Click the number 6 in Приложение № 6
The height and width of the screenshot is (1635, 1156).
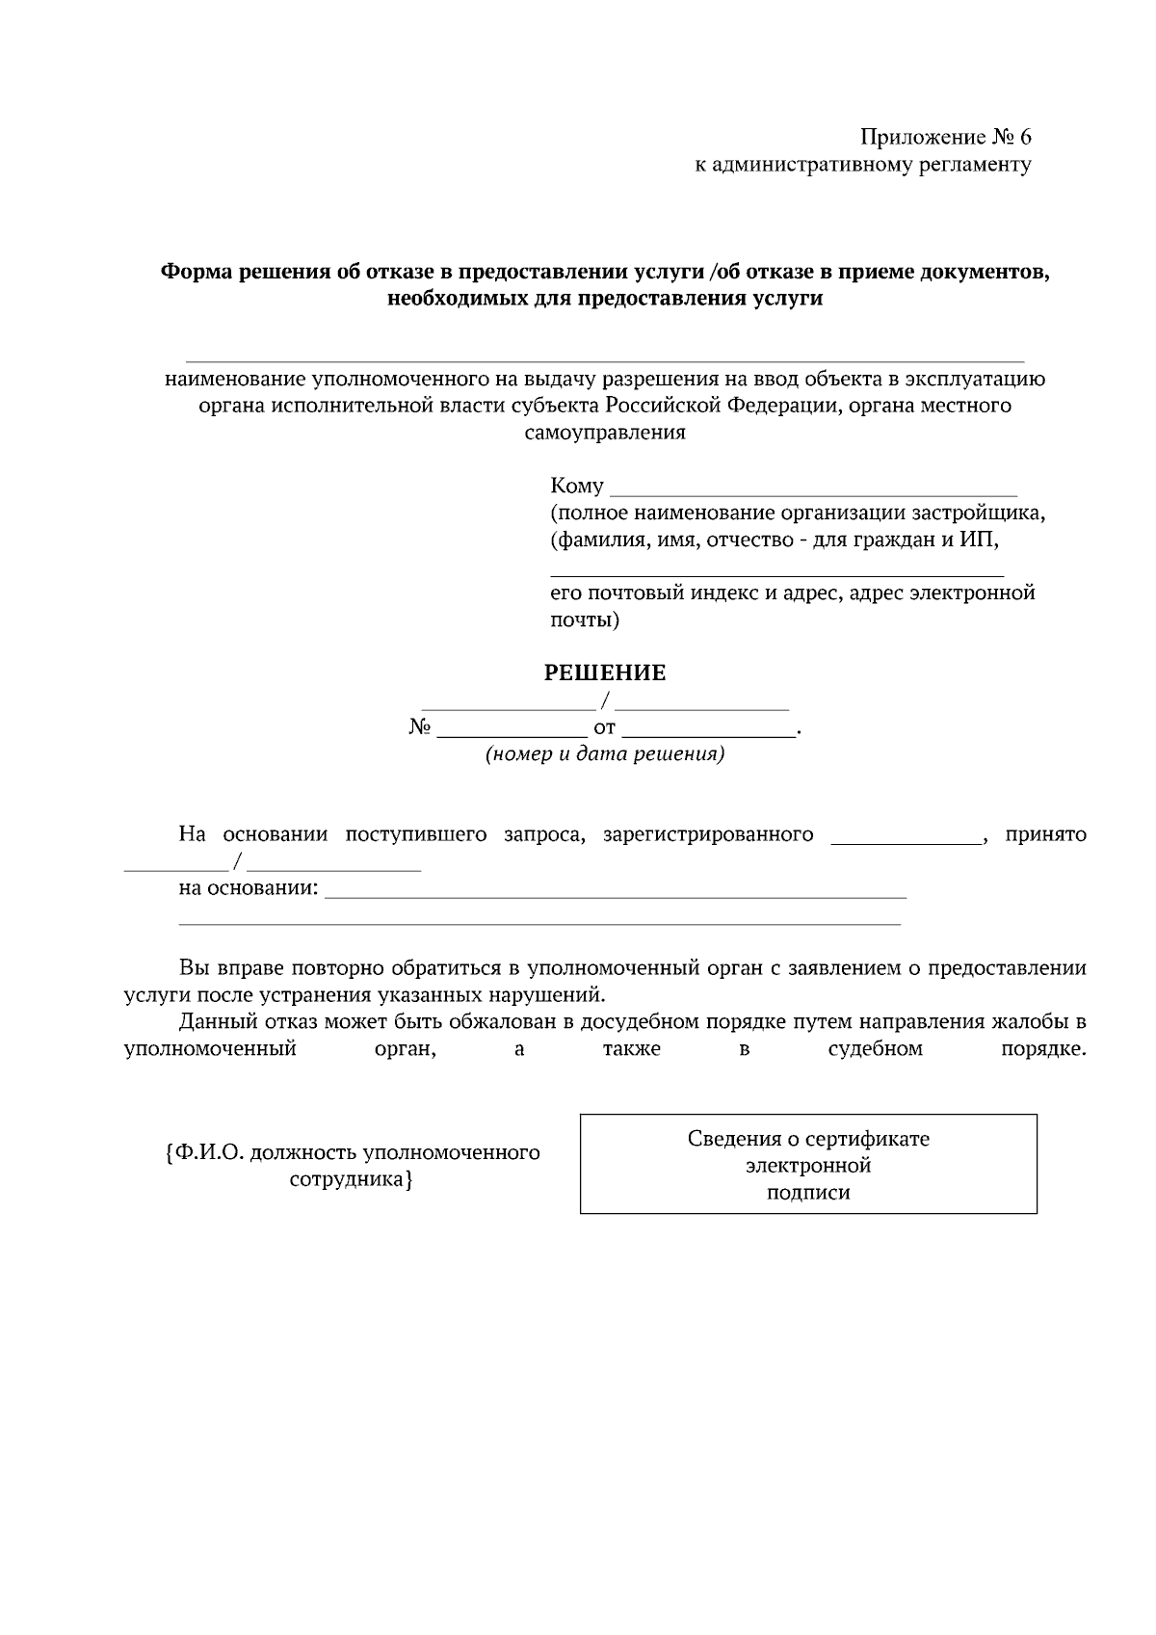[x=1024, y=137]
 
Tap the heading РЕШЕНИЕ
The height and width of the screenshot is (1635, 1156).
[x=605, y=672]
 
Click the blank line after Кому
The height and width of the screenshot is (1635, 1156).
[x=814, y=490]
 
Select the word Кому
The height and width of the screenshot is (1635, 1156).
[x=577, y=486]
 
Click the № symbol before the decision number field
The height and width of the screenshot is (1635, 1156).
[x=419, y=727]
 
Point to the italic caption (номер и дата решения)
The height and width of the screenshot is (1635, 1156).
[x=605, y=753]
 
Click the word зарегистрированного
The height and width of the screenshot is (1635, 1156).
[x=708, y=834]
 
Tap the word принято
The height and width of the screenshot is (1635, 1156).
[x=1045, y=834]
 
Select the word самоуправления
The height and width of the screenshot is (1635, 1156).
[x=605, y=433]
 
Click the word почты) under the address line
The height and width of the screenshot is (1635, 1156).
[x=585, y=620]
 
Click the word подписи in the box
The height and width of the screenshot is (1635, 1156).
[x=808, y=1193]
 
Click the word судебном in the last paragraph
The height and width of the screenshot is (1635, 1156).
[x=875, y=1048]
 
